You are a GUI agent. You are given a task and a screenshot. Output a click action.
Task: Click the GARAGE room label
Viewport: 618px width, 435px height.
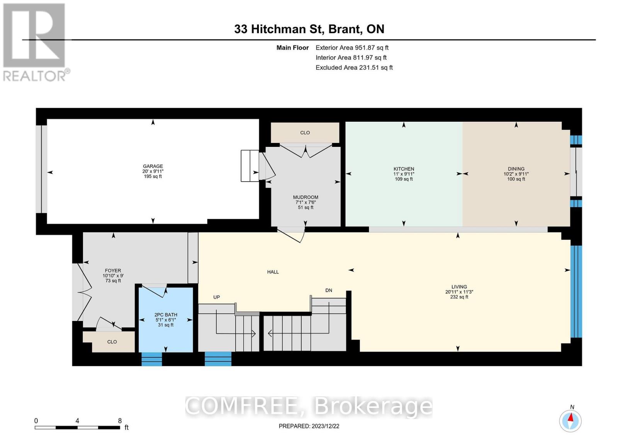point(153,167)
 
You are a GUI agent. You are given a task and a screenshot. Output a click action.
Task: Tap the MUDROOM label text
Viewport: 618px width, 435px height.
point(306,197)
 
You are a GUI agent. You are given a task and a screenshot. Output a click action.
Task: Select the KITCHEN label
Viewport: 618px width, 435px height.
point(404,169)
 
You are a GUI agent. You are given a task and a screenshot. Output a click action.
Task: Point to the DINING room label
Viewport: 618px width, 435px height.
point(516,169)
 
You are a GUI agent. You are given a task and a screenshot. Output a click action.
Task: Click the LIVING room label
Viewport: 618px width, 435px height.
point(459,287)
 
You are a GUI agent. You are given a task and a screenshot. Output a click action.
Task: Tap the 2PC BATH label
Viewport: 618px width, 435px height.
point(166,315)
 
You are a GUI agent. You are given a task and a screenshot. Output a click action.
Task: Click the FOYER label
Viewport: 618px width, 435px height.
point(113,271)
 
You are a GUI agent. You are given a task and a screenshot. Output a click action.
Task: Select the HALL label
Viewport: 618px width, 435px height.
point(273,272)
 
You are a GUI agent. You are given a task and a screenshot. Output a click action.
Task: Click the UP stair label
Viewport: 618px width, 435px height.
point(217,297)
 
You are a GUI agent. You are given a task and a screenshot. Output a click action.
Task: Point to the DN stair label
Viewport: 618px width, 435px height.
point(329,290)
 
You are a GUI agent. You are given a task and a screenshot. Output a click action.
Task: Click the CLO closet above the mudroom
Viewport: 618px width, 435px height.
point(305,133)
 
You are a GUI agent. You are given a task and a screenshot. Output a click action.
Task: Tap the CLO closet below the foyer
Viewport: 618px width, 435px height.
point(112,342)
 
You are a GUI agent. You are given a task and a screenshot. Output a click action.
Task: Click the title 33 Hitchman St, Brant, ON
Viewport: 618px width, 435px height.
point(309,29)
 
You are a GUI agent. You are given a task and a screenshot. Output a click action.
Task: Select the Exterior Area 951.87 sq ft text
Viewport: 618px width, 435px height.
point(352,48)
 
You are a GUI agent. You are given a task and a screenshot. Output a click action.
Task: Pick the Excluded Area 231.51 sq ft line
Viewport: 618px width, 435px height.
point(354,67)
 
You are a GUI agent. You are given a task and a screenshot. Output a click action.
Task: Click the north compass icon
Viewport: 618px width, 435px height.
point(570,420)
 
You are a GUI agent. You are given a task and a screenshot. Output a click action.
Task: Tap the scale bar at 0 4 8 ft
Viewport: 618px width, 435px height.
point(77,427)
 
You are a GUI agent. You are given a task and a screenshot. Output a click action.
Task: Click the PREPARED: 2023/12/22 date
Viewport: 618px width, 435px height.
point(309,426)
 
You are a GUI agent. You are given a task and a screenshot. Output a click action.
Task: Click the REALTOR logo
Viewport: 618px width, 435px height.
point(35,42)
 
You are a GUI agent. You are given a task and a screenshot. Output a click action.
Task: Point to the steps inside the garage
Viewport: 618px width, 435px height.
point(250,166)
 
